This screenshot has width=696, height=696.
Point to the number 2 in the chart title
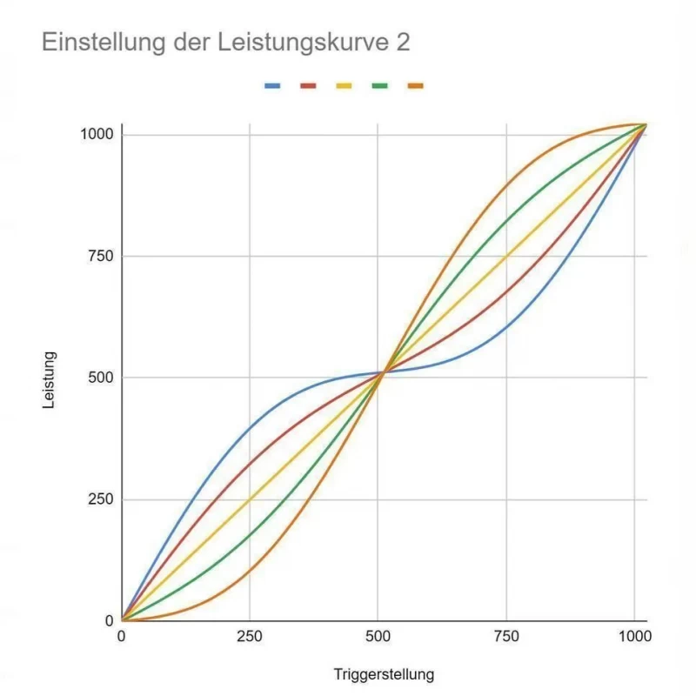coord(402,42)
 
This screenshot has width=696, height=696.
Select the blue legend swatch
coord(272,85)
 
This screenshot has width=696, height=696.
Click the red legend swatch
coord(308,85)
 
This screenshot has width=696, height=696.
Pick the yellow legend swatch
coord(344,85)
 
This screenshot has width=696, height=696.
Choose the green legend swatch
coord(379,85)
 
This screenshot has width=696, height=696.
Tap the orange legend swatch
coord(415,85)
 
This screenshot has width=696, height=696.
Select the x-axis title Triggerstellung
coord(383,674)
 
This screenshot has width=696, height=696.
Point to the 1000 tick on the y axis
coord(96,135)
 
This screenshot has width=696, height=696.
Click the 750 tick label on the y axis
coord(100,257)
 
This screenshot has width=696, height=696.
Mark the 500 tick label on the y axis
coord(100,378)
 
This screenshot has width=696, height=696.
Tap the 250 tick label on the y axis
coord(100,500)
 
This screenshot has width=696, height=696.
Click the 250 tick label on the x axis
coord(250,637)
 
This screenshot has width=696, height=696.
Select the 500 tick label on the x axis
coord(378,637)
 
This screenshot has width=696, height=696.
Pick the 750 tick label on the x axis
coord(505,637)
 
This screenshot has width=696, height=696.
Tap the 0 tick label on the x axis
coord(122,637)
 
